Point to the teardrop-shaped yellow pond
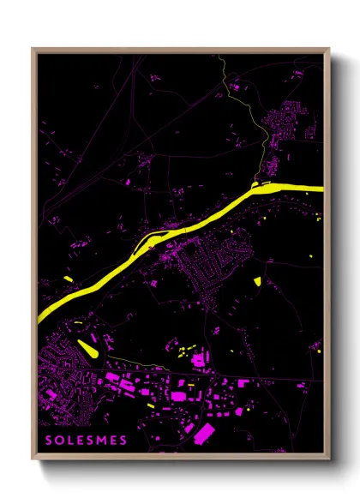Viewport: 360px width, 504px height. point(87,346)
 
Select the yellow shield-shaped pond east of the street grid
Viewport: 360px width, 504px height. point(257,280)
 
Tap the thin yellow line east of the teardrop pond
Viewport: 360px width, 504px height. point(137,357)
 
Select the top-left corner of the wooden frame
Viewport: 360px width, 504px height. point(33,50)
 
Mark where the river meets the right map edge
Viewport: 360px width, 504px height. point(321,188)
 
